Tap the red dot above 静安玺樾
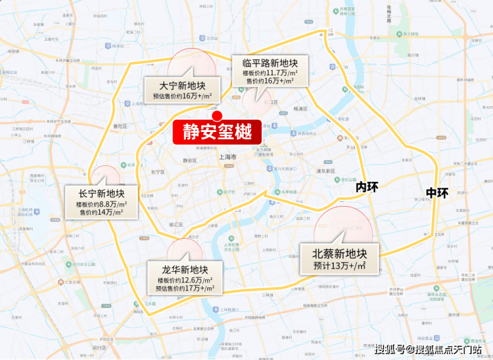coord(217,115)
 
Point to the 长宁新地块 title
coord(101,193)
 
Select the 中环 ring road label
coord(438,193)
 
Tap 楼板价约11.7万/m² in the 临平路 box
coord(270,73)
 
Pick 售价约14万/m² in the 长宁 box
coord(101,213)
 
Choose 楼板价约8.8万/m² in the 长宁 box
coord(101,204)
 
